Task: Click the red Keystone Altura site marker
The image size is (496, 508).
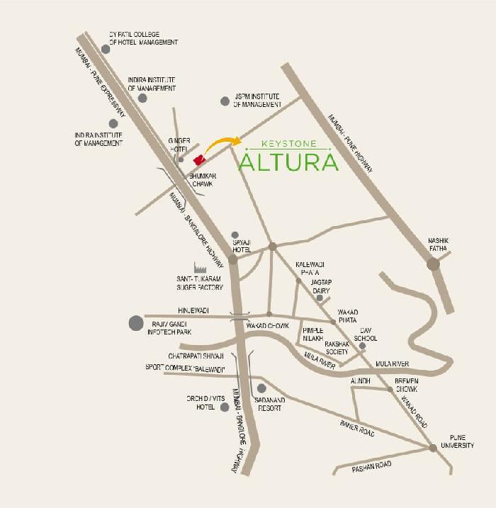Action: [200, 160]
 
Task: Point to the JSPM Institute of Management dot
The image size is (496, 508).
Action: [225, 101]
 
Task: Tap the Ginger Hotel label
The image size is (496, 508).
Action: [179, 145]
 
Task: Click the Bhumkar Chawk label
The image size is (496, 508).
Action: [203, 179]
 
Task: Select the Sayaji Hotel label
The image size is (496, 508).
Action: [242, 245]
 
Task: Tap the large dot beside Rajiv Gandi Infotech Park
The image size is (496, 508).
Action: [135, 324]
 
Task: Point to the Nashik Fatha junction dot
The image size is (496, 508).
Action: [432, 264]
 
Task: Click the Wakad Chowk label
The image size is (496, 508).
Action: [268, 325]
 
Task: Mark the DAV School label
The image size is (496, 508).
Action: [365, 334]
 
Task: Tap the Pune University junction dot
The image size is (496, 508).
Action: [432, 448]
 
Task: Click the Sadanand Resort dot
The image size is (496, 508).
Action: [261, 388]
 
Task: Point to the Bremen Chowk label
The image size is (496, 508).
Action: [406, 385]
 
